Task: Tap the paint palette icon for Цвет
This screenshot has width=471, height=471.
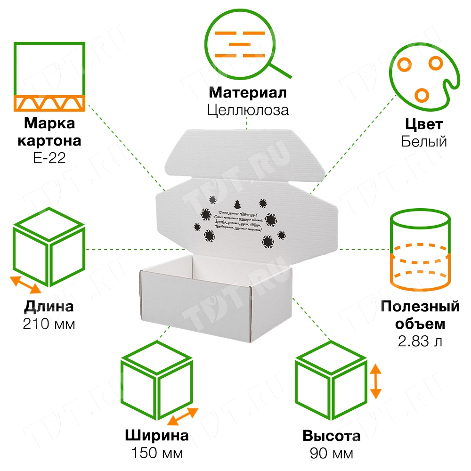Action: tap(422, 75)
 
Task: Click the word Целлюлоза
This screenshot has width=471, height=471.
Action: tap(247, 110)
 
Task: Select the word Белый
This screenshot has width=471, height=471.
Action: tap(423, 141)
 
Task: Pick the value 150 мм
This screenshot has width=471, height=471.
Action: tap(157, 453)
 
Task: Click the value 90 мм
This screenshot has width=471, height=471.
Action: tap(332, 453)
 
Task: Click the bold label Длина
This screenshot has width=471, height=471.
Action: tap(49, 307)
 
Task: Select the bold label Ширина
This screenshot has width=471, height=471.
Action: tap(157, 436)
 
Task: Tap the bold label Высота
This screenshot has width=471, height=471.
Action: tap(332, 436)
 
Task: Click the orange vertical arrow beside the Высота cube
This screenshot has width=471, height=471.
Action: tap(375, 381)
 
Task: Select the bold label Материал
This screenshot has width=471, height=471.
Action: tap(247, 92)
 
